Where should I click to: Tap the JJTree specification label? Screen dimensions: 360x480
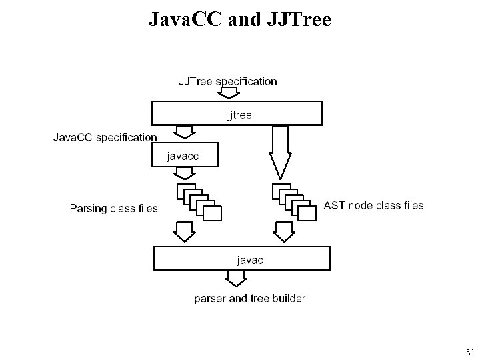point(227,81)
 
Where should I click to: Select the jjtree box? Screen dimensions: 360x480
point(237,114)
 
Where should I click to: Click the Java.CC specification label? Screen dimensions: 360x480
point(105,137)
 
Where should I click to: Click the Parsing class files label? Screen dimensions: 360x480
point(114,208)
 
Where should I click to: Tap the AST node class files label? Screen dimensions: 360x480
point(373,206)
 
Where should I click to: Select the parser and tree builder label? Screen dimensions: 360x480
point(250,298)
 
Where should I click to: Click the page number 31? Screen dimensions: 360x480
point(469,352)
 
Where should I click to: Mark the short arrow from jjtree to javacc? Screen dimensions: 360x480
point(183,133)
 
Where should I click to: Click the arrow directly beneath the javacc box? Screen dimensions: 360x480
point(184,173)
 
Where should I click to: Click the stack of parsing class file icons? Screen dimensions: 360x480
point(199,202)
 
